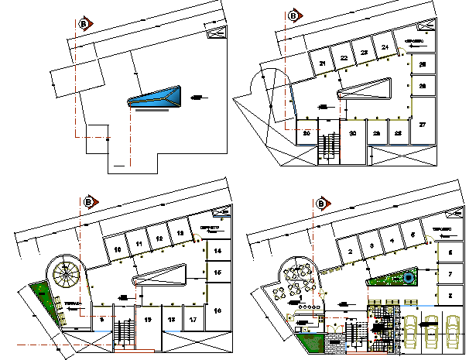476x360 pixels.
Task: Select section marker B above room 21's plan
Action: (293, 15)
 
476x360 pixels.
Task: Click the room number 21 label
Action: (321, 63)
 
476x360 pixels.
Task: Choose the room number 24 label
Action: (385, 48)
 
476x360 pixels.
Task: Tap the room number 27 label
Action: (423, 124)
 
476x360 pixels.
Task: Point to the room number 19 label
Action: (146, 319)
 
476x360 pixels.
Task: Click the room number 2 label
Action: (351, 251)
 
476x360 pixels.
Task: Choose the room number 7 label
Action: (450, 274)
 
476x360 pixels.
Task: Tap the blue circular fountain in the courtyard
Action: (407, 277)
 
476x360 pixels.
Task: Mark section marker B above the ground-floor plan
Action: (321, 204)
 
